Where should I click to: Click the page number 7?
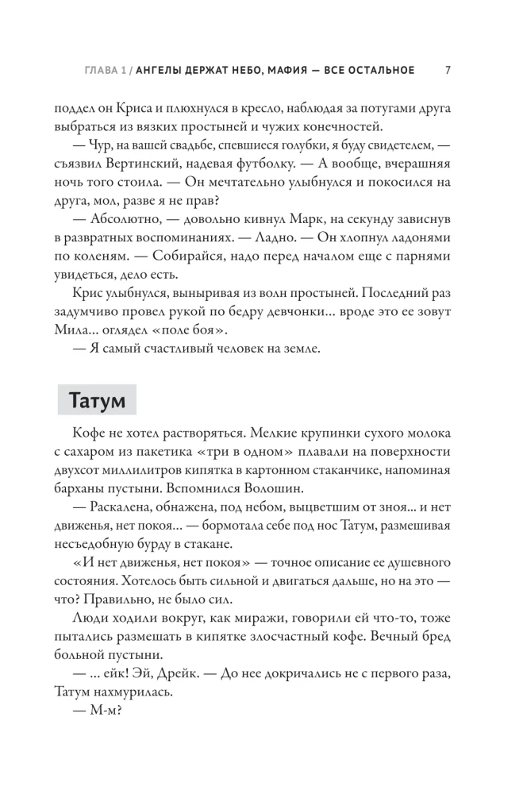(449, 70)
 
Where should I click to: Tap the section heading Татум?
(97, 399)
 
